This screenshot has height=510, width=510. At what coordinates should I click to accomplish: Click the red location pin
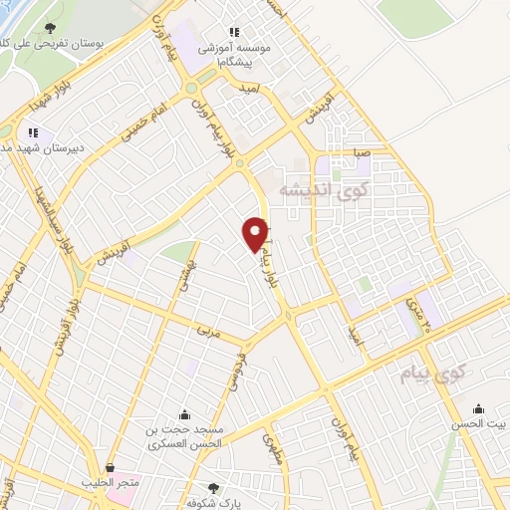coord(256,233)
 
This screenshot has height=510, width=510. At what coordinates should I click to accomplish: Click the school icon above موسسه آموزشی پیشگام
coord(235,31)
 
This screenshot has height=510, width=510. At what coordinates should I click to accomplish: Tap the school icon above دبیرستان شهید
coord(33,131)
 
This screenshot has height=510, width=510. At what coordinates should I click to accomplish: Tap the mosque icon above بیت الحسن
coord(479,408)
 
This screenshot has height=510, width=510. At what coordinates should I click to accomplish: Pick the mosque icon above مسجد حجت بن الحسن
coord(183,415)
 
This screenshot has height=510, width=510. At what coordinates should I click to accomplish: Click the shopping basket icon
coord(110,466)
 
